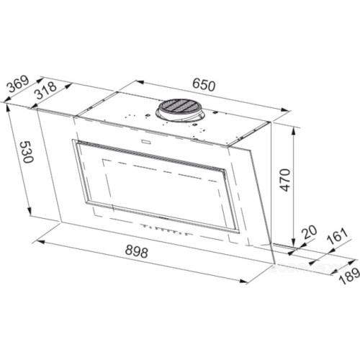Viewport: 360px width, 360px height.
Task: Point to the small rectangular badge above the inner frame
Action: click(x=150, y=142)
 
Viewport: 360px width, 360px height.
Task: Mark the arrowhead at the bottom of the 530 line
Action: click(x=32, y=214)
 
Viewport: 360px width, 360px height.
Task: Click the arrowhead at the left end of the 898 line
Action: click(x=37, y=235)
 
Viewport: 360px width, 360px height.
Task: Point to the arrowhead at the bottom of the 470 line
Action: click(x=295, y=243)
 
